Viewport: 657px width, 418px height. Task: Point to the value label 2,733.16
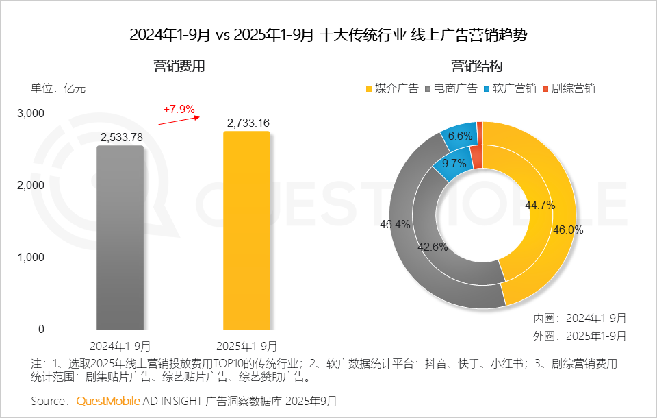247,123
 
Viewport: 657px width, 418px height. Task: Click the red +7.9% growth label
179,109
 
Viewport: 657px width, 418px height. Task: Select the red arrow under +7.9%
179,121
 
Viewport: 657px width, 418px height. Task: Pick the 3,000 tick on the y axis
30,113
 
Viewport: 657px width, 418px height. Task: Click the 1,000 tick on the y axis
30,257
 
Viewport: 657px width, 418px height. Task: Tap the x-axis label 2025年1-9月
247,346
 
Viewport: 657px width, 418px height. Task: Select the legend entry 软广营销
509,88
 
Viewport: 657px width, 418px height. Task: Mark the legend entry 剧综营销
568,88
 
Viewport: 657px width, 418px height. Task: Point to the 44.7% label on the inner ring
539,204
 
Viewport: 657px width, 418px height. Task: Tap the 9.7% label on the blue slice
454,163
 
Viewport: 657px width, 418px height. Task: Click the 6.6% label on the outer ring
460,136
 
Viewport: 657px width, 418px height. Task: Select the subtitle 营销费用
179,66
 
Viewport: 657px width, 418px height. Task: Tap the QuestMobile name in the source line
109,400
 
